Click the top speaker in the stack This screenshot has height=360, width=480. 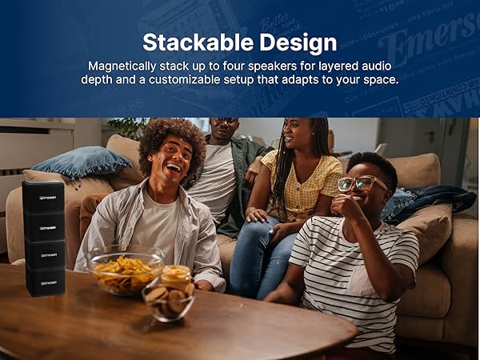43,196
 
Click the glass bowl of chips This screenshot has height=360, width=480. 127,273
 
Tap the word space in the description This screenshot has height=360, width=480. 379,80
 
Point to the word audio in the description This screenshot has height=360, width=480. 377,66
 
